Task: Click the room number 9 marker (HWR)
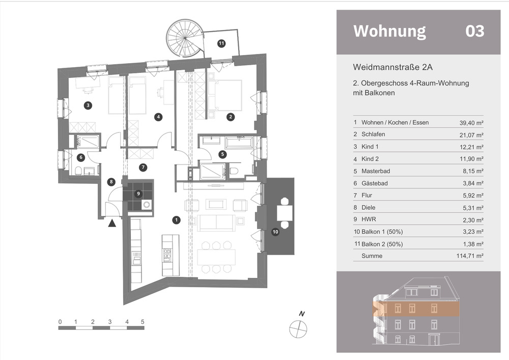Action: [x=138, y=194]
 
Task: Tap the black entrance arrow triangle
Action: [x=112, y=223]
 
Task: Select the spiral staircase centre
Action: [x=185, y=38]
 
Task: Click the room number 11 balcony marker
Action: [x=221, y=43]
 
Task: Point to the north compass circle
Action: [x=298, y=329]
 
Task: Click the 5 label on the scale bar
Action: [x=143, y=322]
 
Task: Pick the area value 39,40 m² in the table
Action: [x=471, y=123]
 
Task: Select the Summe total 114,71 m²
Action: [x=470, y=256]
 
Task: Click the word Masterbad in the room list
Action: [x=376, y=171]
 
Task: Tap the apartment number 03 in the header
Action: [x=475, y=31]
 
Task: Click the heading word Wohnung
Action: [x=389, y=32]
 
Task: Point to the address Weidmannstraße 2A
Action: [x=393, y=67]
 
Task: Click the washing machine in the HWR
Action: [x=147, y=205]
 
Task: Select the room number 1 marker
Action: [x=176, y=220]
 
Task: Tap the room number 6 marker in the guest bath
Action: [x=81, y=158]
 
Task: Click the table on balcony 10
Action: [x=285, y=213]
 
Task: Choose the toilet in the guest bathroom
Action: [x=78, y=171]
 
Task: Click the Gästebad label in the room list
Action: [x=375, y=183]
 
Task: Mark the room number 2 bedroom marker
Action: [x=231, y=117]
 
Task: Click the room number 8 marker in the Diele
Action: [x=111, y=182]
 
